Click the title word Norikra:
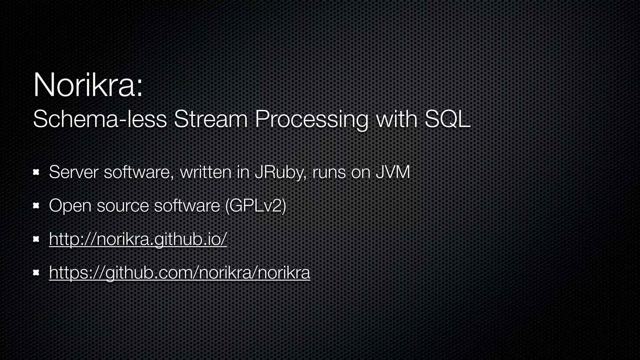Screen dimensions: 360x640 coord(88,85)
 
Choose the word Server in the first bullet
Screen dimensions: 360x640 coord(73,172)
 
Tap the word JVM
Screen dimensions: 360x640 coord(392,172)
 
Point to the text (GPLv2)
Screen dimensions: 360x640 coord(255,206)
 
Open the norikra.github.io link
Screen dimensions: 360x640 coord(138,239)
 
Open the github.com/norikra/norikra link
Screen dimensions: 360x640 coord(180,272)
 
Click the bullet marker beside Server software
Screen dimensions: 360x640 coord(36,172)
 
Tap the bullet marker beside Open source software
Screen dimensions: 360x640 coord(36,206)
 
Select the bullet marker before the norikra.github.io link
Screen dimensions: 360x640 coord(36,239)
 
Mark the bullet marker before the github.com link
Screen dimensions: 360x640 coord(36,273)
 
